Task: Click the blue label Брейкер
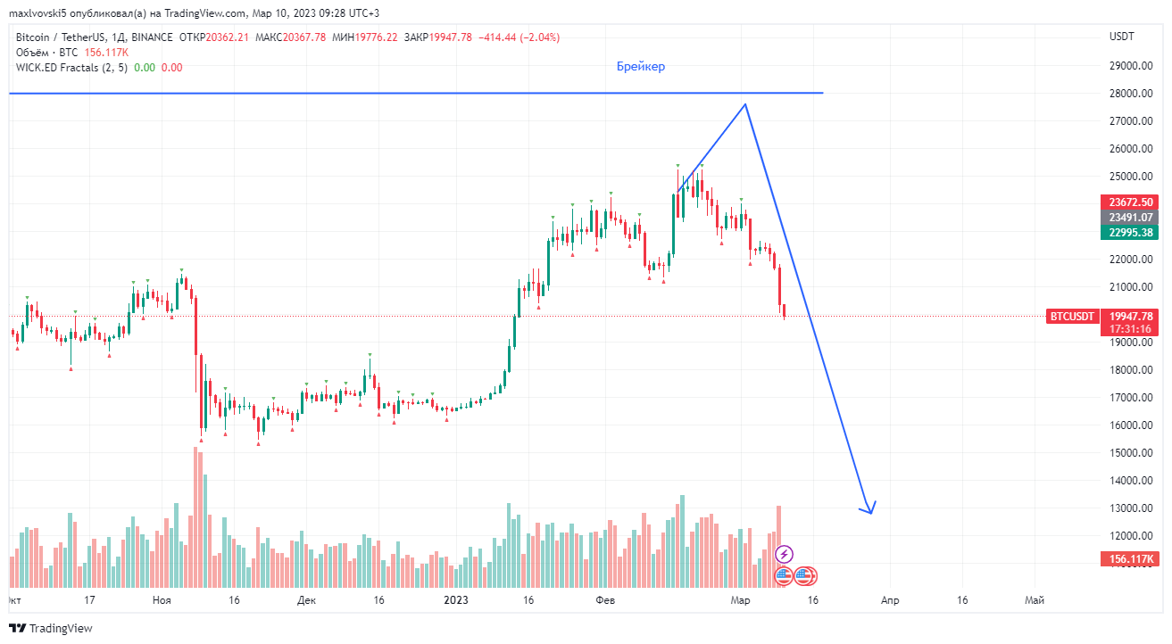640,67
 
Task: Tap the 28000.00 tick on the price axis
1127,93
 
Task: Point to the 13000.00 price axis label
1127,508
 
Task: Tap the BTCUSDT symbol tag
1071,316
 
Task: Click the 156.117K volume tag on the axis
1131,559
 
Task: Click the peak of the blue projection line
745,105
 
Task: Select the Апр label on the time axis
889,601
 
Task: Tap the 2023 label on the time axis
456,601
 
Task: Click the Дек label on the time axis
306,601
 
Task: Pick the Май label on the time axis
1035,601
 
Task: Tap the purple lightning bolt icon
784,554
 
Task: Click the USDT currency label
1121,37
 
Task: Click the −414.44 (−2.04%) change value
519,37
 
